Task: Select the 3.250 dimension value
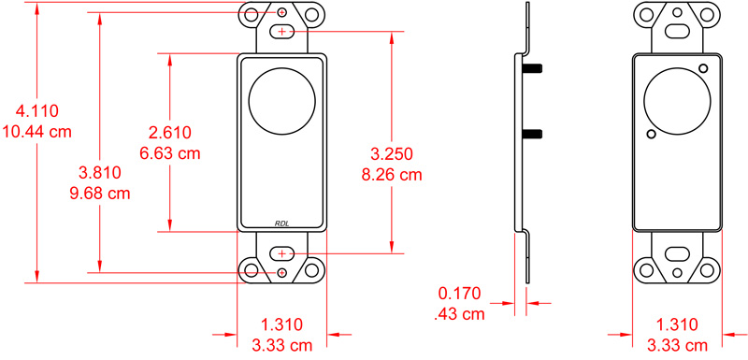tap(391, 153)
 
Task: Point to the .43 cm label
tap(461, 314)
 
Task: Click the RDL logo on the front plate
tap(282, 223)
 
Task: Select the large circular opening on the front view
tap(278, 99)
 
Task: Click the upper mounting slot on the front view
tap(282, 32)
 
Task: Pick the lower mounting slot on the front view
tap(282, 253)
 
